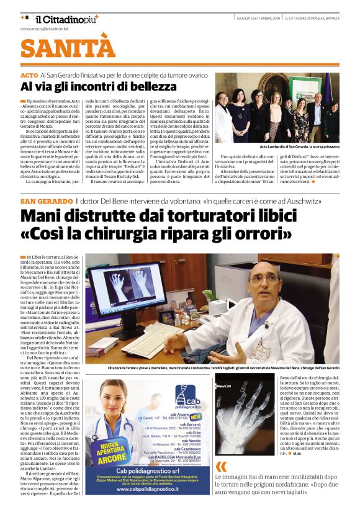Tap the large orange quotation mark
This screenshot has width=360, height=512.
pyautogui.click(x=221, y=467)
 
